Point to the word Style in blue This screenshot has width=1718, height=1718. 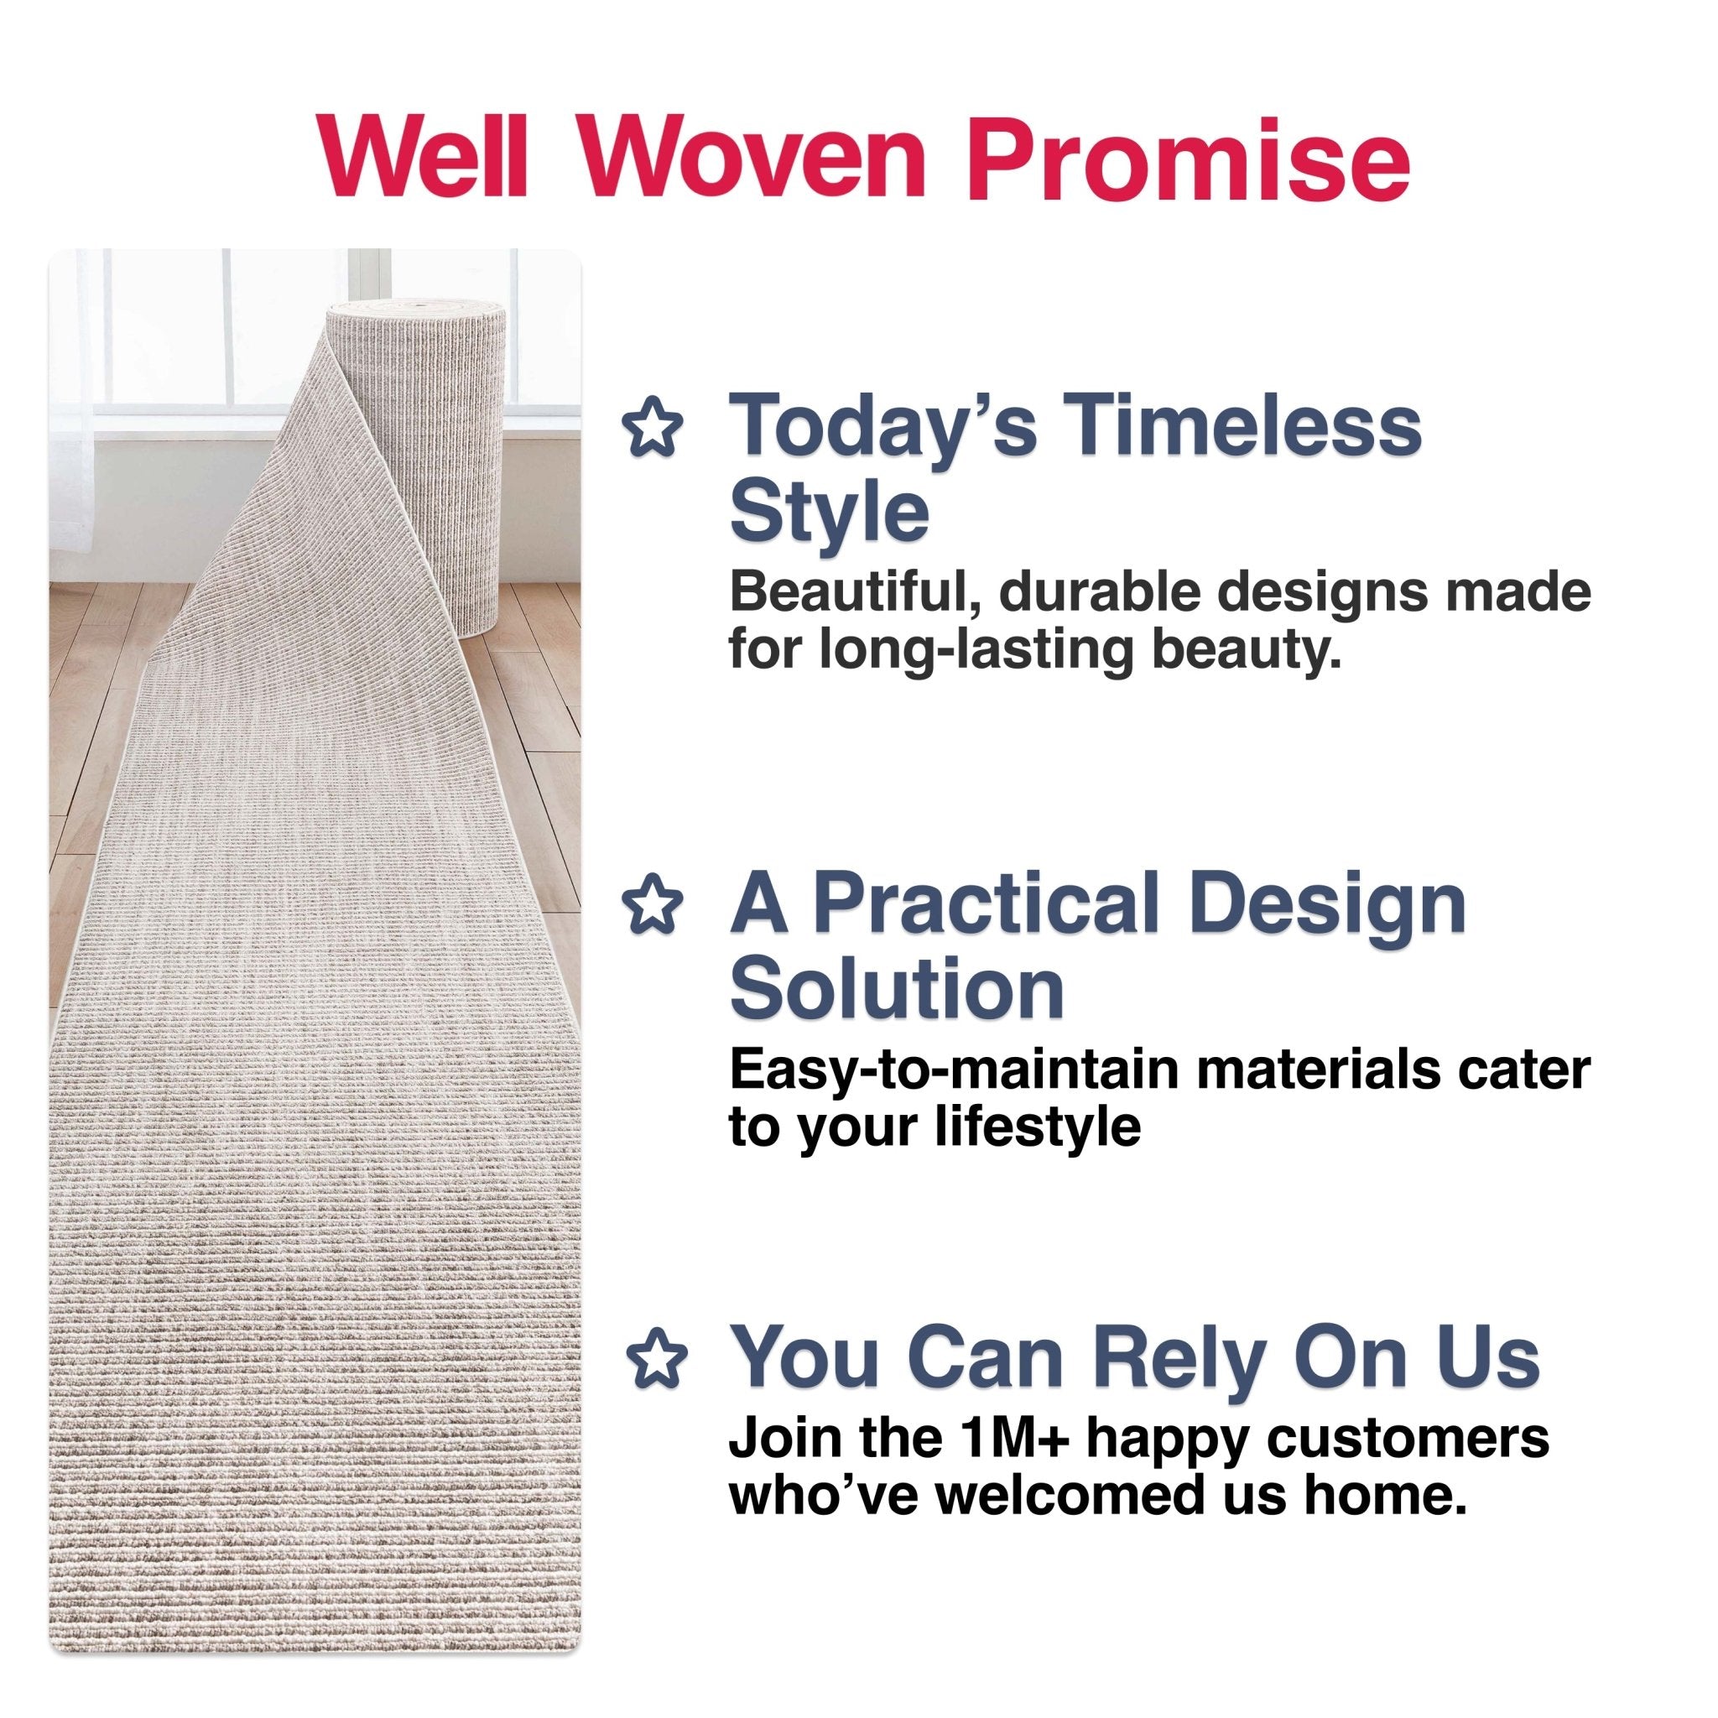[x=829, y=513]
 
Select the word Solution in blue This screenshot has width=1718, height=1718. [x=897, y=990]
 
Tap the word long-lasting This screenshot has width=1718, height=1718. [x=976, y=651]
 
